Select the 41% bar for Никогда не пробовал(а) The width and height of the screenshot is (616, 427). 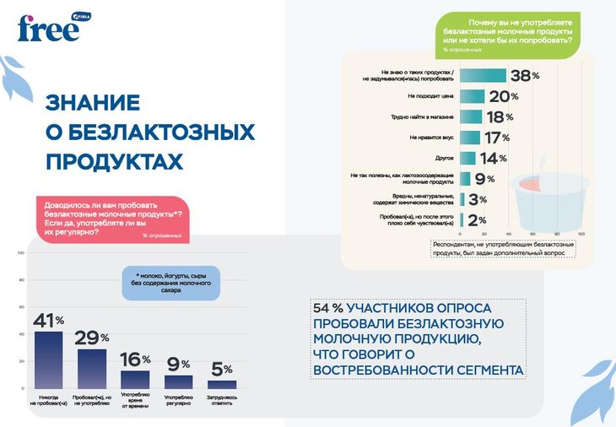pyautogui.click(x=47, y=359)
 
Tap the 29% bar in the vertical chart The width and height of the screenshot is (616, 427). pyautogui.click(x=92, y=368)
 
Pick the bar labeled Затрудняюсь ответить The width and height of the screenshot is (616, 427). pyautogui.click(x=222, y=384)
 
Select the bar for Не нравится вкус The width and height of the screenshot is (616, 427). pyautogui.click(x=470, y=138)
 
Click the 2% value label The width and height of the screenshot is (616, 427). pyautogui.click(x=477, y=219)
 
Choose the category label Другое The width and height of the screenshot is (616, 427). pyautogui.click(x=445, y=158)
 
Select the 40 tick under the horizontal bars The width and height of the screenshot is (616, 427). pyautogui.click(x=508, y=234)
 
